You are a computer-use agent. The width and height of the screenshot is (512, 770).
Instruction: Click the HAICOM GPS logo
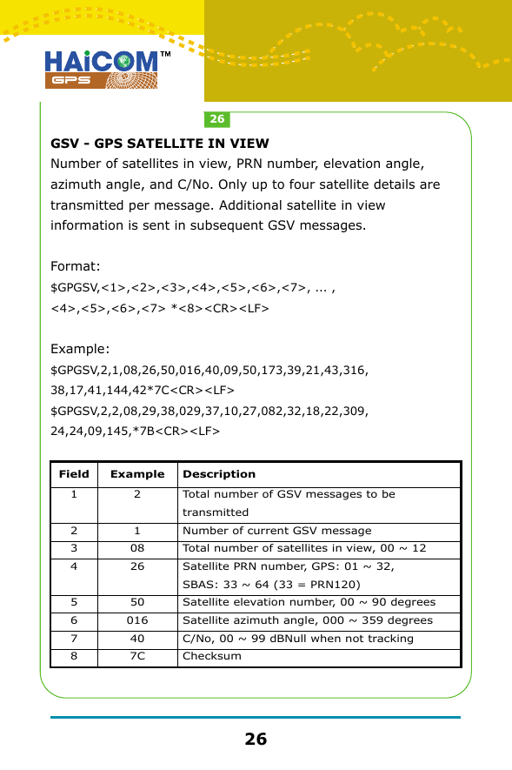click(102, 69)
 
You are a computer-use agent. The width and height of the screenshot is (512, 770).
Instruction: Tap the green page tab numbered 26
click(217, 119)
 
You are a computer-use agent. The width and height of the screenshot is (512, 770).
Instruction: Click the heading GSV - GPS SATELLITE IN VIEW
click(160, 144)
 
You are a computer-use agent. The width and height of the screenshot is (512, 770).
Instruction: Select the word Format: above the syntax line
click(76, 265)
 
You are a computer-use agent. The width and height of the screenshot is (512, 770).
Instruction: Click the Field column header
click(74, 474)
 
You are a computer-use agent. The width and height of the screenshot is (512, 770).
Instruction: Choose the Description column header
click(219, 474)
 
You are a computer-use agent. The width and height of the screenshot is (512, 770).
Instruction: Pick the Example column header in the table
click(137, 474)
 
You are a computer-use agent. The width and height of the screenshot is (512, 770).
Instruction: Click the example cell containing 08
click(137, 548)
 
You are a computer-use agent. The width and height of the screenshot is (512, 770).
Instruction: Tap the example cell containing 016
click(137, 620)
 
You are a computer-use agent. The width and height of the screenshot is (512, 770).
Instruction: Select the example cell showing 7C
click(137, 656)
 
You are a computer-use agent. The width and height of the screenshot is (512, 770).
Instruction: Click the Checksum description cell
click(212, 656)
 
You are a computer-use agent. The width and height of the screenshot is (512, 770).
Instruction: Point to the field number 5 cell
click(74, 602)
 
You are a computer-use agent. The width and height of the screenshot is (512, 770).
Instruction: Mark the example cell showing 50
click(137, 602)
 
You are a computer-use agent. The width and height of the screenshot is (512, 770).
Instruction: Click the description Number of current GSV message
click(276, 530)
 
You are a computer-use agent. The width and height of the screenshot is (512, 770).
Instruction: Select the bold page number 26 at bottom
click(256, 740)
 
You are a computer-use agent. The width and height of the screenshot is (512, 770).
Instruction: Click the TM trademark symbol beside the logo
click(164, 56)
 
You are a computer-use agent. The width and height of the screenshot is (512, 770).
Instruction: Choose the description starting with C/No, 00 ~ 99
click(297, 639)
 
